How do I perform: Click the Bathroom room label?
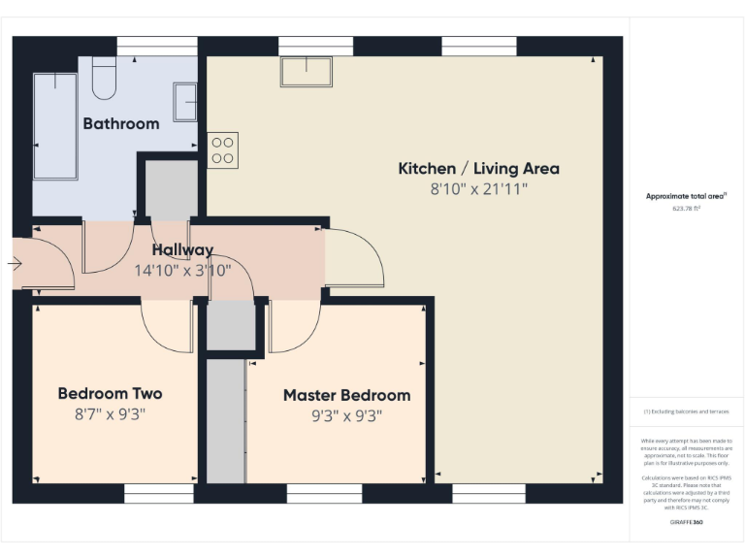click(x=120, y=123)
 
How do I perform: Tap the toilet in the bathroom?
click(x=104, y=78)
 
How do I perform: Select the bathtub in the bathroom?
click(x=54, y=125)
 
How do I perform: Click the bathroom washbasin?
click(x=184, y=102)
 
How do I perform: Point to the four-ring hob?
click(x=222, y=149)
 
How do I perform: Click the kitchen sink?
click(x=307, y=72)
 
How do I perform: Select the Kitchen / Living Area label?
click(x=478, y=168)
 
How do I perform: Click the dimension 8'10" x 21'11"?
click(x=478, y=190)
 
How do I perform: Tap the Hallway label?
click(x=181, y=250)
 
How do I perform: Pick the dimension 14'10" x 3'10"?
click(x=181, y=271)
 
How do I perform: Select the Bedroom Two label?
click(x=110, y=393)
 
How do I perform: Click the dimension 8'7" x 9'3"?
click(x=110, y=414)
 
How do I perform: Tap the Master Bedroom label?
click(x=346, y=395)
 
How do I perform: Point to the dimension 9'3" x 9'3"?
click(x=346, y=416)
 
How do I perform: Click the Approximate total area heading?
click(x=686, y=196)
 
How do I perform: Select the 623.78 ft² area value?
click(x=686, y=208)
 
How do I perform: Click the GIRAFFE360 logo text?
click(x=686, y=522)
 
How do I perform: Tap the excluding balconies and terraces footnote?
click(x=686, y=411)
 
